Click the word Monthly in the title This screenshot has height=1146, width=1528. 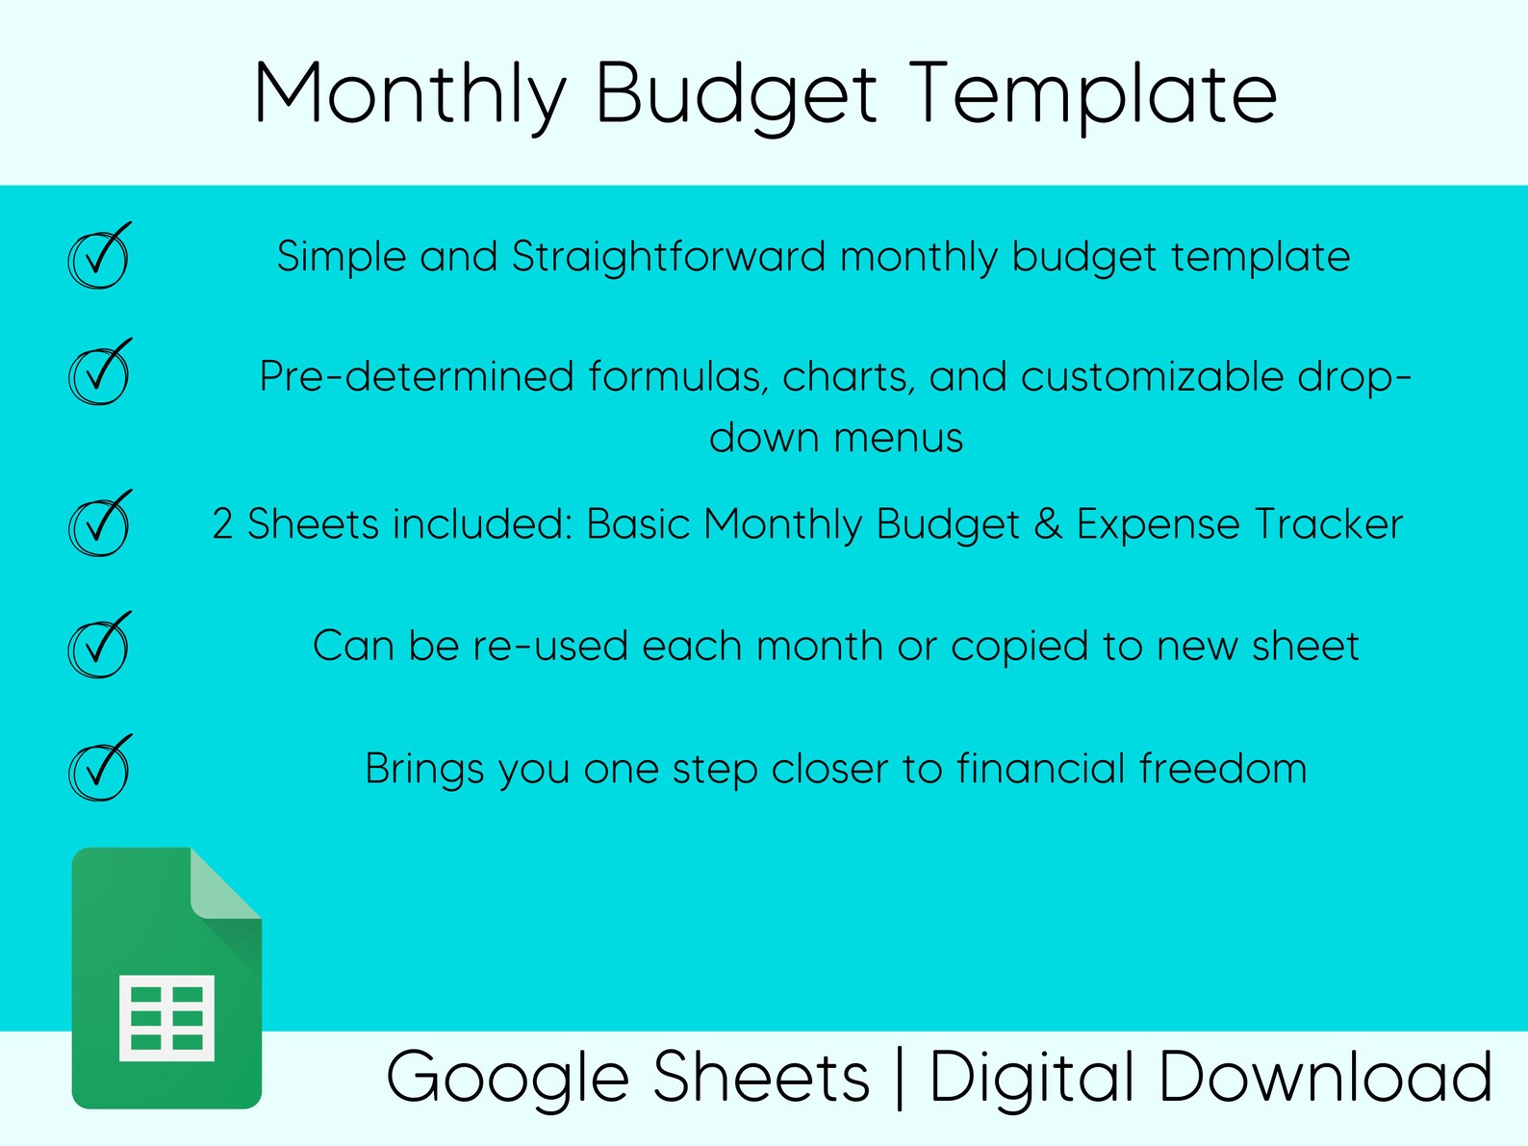tap(409, 94)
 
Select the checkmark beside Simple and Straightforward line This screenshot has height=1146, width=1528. tap(98, 257)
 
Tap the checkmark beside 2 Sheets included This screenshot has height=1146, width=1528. tap(98, 524)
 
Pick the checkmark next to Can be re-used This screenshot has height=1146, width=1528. tap(98, 646)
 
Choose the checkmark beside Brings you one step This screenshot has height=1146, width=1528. tap(98, 768)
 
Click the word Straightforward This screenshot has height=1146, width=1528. tap(668, 257)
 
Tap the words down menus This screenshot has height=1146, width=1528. tap(835, 438)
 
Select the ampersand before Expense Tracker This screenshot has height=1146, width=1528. tap(1047, 524)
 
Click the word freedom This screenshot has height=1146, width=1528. tap(1222, 768)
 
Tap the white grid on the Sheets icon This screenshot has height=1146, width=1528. tap(166, 1017)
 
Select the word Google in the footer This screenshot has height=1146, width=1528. tap(510, 1078)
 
